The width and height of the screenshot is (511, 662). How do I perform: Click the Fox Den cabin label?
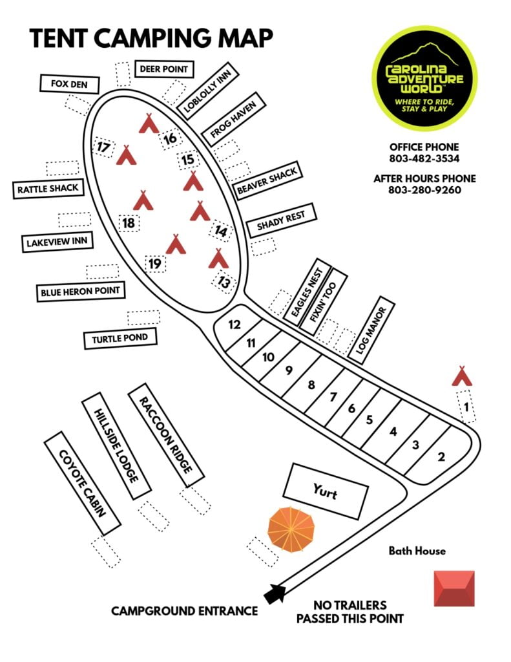(70, 83)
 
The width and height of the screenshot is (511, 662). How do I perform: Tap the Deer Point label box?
(163, 69)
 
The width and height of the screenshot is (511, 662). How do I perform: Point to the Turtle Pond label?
(120, 339)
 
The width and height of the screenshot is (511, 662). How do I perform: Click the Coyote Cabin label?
(82, 484)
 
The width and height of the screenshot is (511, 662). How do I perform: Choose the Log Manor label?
(371, 330)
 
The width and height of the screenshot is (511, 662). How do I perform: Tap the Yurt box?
(326, 491)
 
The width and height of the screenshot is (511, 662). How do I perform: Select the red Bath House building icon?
(454, 588)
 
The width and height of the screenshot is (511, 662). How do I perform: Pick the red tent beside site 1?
(462, 376)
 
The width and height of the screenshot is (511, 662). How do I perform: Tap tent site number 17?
(103, 147)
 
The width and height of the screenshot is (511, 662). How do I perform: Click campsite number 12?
(235, 325)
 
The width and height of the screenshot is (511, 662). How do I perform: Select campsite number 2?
(441, 456)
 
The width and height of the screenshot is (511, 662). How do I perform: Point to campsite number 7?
(333, 397)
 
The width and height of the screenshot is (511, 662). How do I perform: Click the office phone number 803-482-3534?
(424, 158)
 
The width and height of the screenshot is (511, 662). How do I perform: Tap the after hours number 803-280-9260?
(424, 189)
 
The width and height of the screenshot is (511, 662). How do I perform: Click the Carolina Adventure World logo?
(424, 78)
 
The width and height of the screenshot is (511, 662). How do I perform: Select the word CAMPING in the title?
(152, 38)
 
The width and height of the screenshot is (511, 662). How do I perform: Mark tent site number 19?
(155, 264)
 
